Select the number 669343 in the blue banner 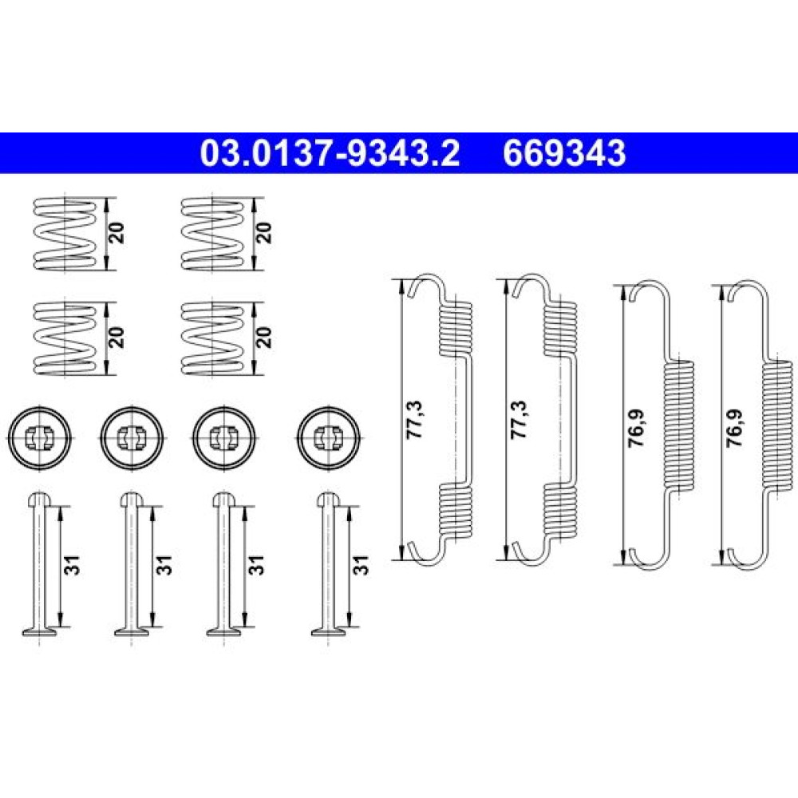(564, 153)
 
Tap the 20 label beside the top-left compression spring (117, 232)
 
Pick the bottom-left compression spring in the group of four (64, 338)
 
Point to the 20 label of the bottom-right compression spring (264, 338)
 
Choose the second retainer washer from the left (132, 437)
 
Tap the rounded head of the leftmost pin (39, 500)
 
